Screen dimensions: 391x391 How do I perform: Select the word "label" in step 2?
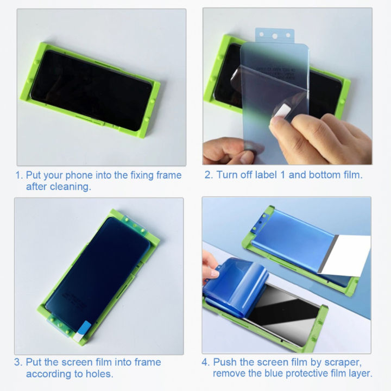263,175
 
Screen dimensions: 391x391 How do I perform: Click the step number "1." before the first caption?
19,175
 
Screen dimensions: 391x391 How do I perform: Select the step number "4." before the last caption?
205,362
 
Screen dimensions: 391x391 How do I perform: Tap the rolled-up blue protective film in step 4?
234,282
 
